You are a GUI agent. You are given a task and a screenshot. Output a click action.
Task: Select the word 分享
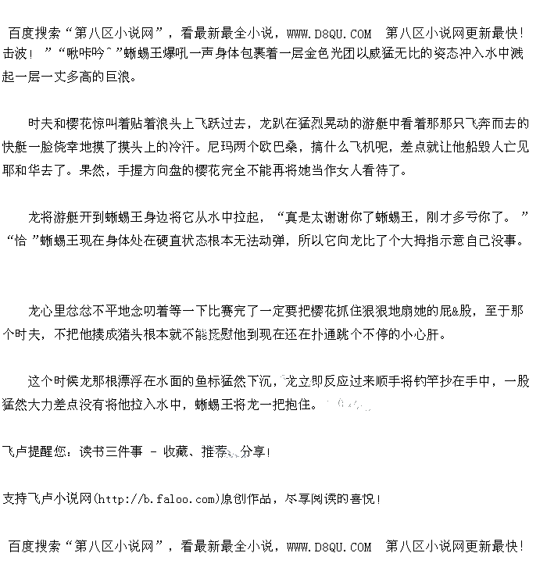252,451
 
